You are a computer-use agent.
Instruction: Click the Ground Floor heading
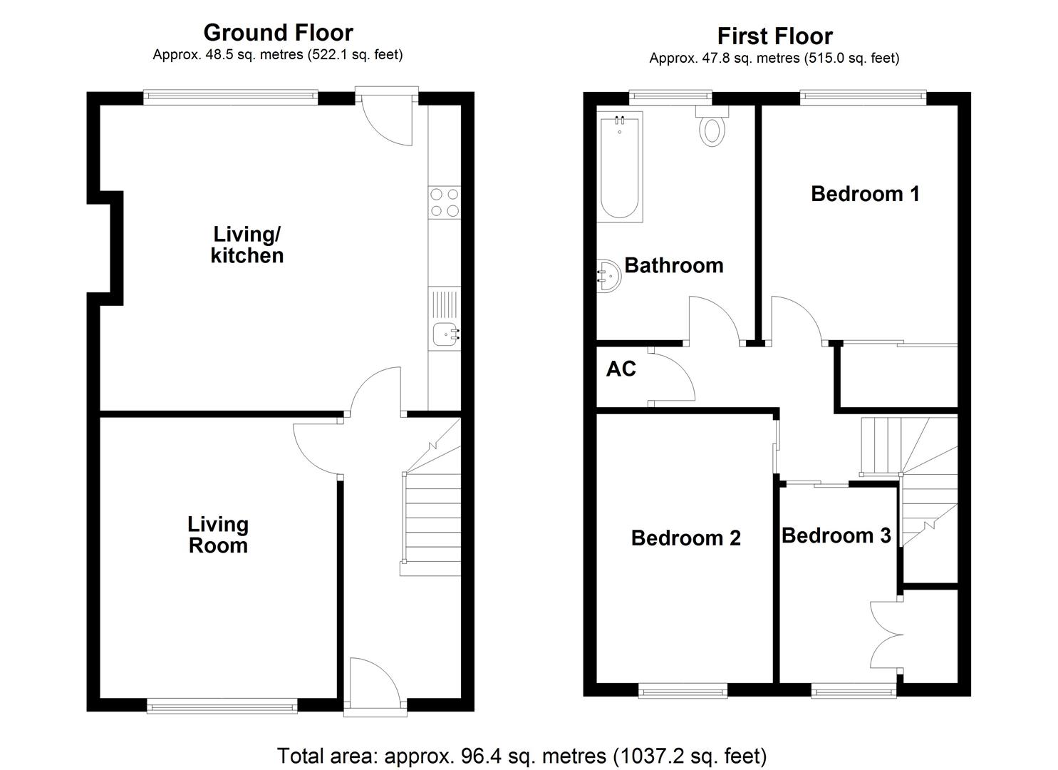pyautogui.click(x=278, y=33)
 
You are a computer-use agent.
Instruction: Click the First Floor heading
pyautogui.click(x=774, y=36)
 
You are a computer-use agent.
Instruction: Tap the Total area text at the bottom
pyautogui.click(x=522, y=755)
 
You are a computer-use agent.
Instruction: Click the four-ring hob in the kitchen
pyautogui.click(x=445, y=202)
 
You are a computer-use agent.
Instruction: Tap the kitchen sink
pyautogui.click(x=446, y=332)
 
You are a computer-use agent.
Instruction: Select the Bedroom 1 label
pyautogui.click(x=865, y=193)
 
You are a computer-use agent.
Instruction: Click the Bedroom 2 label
pyautogui.click(x=685, y=538)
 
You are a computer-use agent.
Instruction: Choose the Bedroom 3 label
pyautogui.click(x=836, y=535)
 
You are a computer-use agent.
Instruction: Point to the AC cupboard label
pyautogui.click(x=621, y=369)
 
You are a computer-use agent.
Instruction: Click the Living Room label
pyautogui.click(x=218, y=535)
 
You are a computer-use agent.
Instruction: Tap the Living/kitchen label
pyautogui.click(x=247, y=245)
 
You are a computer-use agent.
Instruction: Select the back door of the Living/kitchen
pyautogui.click(x=387, y=118)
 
